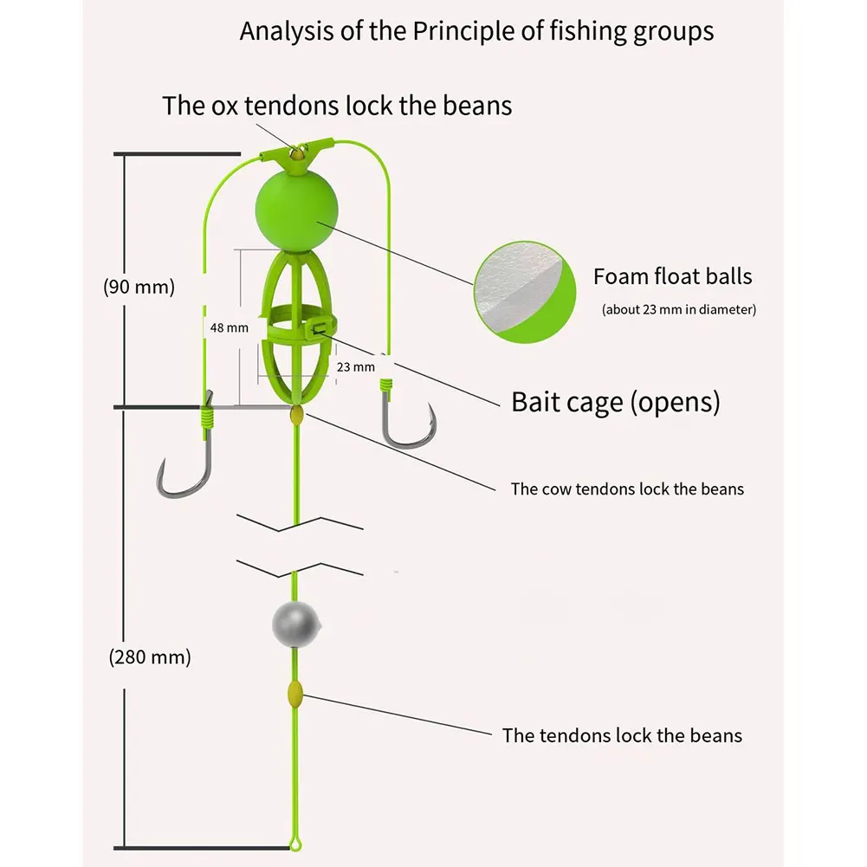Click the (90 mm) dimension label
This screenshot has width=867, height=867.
tap(139, 287)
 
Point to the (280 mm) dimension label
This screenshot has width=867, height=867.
tap(150, 657)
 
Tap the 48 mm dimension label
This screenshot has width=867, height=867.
tap(229, 327)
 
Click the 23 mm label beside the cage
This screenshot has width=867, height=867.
tap(356, 366)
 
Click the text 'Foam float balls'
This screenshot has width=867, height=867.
tap(672, 276)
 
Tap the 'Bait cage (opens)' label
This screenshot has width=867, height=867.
tap(615, 402)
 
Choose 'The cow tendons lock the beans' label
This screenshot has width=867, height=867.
tap(627, 488)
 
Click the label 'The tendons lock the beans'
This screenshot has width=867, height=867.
tap(622, 735)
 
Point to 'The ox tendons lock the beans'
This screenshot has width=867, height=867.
tap(337, 106)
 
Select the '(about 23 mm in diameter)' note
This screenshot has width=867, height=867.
tap(678, 309)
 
